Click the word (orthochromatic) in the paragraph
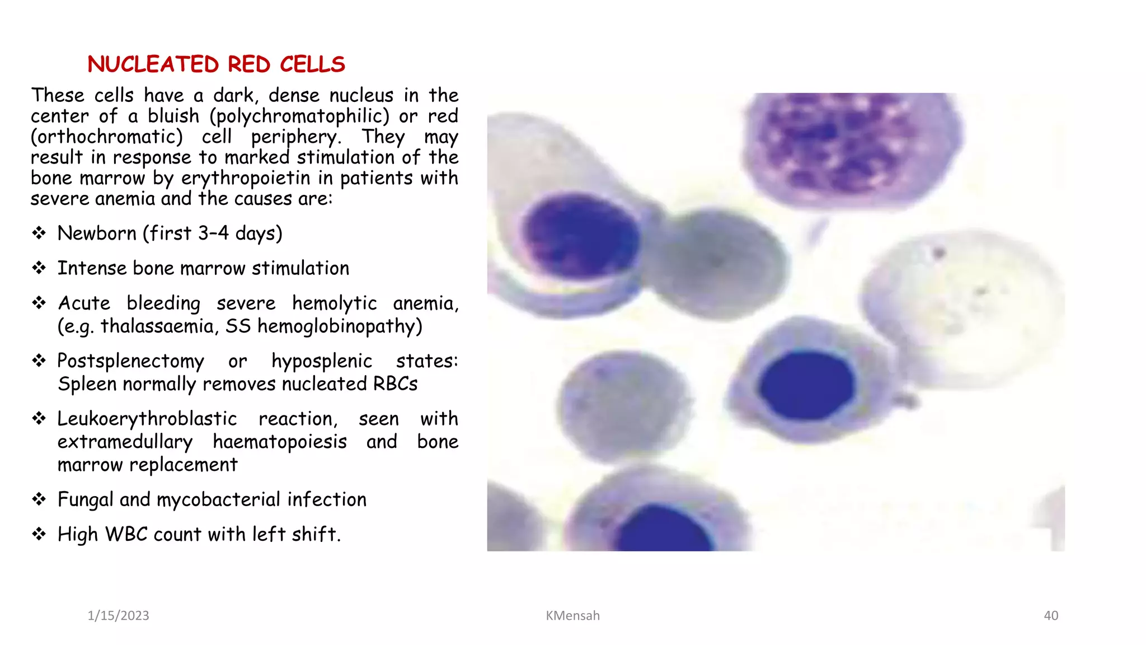[107, 137]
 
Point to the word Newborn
[97, 233]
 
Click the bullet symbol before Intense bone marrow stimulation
[39, 268]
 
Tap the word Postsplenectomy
[130, 361]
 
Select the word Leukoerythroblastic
[147, 419]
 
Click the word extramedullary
[125, 442]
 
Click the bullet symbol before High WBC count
[39, 534]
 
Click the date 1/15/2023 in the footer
[118, 615]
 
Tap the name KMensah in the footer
[572, 615]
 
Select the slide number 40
[1051, 615]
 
